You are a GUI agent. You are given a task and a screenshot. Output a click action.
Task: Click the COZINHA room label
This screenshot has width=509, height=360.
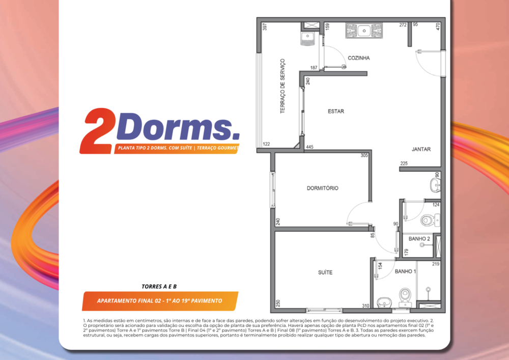click(x=358, y=58)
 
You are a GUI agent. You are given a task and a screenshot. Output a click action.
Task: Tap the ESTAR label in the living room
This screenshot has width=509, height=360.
click(x=336, y=112)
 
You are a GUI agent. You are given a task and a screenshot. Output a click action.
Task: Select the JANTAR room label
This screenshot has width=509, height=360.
click(x=421, y=149)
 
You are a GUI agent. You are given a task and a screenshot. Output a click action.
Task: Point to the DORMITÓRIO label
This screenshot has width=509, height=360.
click(x=322, y=188)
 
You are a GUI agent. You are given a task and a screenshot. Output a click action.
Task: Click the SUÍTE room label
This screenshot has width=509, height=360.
click(x=325, y=272)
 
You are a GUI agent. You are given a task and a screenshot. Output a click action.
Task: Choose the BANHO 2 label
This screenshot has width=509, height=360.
click(x=419, y=238)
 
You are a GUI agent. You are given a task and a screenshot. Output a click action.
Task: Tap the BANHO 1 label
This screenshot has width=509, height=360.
click(x=405, y=271)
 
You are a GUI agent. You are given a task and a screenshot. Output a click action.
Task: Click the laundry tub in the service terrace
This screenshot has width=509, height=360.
click(x=308, y=37)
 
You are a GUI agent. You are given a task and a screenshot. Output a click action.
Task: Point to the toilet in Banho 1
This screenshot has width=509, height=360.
click(x=405, y=295)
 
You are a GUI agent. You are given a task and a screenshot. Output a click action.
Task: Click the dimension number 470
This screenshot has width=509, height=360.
click(x=438, y=26)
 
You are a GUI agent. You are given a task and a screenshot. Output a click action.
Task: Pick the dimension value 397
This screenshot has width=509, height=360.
click(x=265, y=26)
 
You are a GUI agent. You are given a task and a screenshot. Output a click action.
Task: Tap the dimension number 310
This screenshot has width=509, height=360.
click(x=365, y=306)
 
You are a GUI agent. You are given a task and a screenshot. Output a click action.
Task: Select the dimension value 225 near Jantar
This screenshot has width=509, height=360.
click(x=404, y=163)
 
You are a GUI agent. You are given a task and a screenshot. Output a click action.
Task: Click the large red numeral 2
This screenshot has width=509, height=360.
click(x=98, y=131)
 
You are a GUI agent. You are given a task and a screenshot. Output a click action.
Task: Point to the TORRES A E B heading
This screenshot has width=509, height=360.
click(x=159, y=286)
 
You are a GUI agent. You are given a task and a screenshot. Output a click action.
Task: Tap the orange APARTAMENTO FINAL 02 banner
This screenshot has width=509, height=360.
click(x=159, y=301)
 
